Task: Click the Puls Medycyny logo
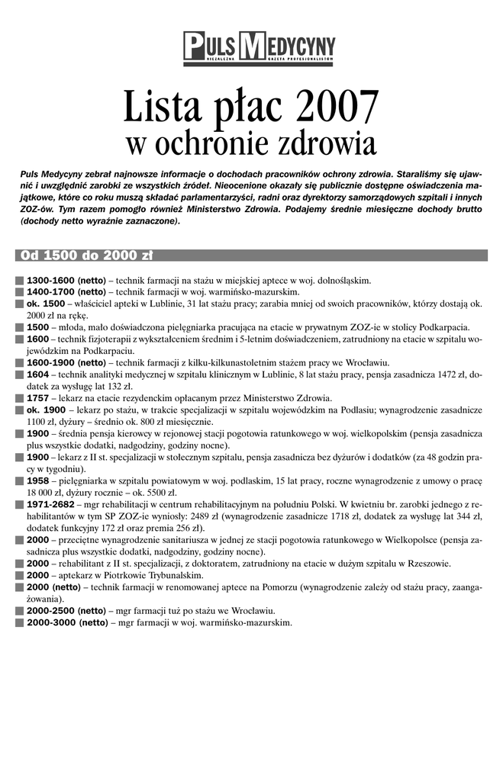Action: click(259, 47)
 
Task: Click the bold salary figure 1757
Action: click(37, 397)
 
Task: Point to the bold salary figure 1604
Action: click(37, 374)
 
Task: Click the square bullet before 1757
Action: click(19, 397)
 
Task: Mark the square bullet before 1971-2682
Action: click(19, 505)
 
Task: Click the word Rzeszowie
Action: click(427, 564)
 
